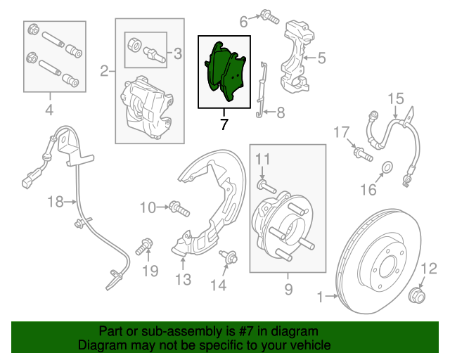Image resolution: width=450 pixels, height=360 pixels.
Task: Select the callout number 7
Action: pyautogui.click(x=224, y=125)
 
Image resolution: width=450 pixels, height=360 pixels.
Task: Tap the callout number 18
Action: pyautogui.click(x=56, y=202)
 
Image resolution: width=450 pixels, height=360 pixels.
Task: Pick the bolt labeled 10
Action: pyautogui.click(x=176, y=208)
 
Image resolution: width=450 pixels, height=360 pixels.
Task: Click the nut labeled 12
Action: pyautogui.click(x=416, y=295)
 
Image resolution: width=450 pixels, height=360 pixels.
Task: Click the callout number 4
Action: pyautogui.click(x=49, y=109)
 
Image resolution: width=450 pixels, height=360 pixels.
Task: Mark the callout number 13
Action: pyautogui.click(x=183, y=281)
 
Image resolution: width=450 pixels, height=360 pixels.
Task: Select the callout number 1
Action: pyautogui.click(x=321, y=298)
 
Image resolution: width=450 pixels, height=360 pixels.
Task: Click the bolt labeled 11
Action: pyautogui.click(x=263, y=184)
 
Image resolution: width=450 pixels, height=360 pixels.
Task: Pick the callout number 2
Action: pyautogui.click(x=104, y=70)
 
